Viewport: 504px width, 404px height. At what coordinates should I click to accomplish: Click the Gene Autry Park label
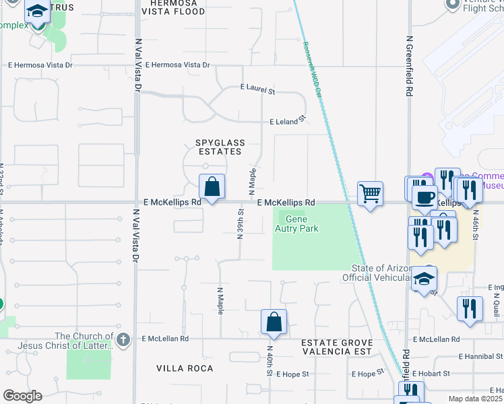click(x=301, y=224)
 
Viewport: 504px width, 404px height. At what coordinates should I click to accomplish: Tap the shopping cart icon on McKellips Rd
click(x=370, y=194)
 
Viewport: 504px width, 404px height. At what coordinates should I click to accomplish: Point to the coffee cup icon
click(x=424, y=197)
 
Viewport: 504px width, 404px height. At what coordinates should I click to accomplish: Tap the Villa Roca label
click(x=185, y=368)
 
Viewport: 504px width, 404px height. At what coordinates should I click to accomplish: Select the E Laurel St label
click(x=257, y=89)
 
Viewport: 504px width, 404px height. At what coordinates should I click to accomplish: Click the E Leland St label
click(x=288, y=122)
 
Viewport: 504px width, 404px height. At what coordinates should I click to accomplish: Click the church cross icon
click(x=123, y=339)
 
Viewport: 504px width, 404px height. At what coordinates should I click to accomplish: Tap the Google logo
click(x=22, y=395)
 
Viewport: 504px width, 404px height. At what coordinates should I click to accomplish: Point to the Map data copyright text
click(x=476, y=399)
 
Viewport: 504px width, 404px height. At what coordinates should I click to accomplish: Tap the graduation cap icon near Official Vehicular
click(x=424, y=278)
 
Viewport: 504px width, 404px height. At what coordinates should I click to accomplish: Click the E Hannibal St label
click(x=480, y=356)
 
